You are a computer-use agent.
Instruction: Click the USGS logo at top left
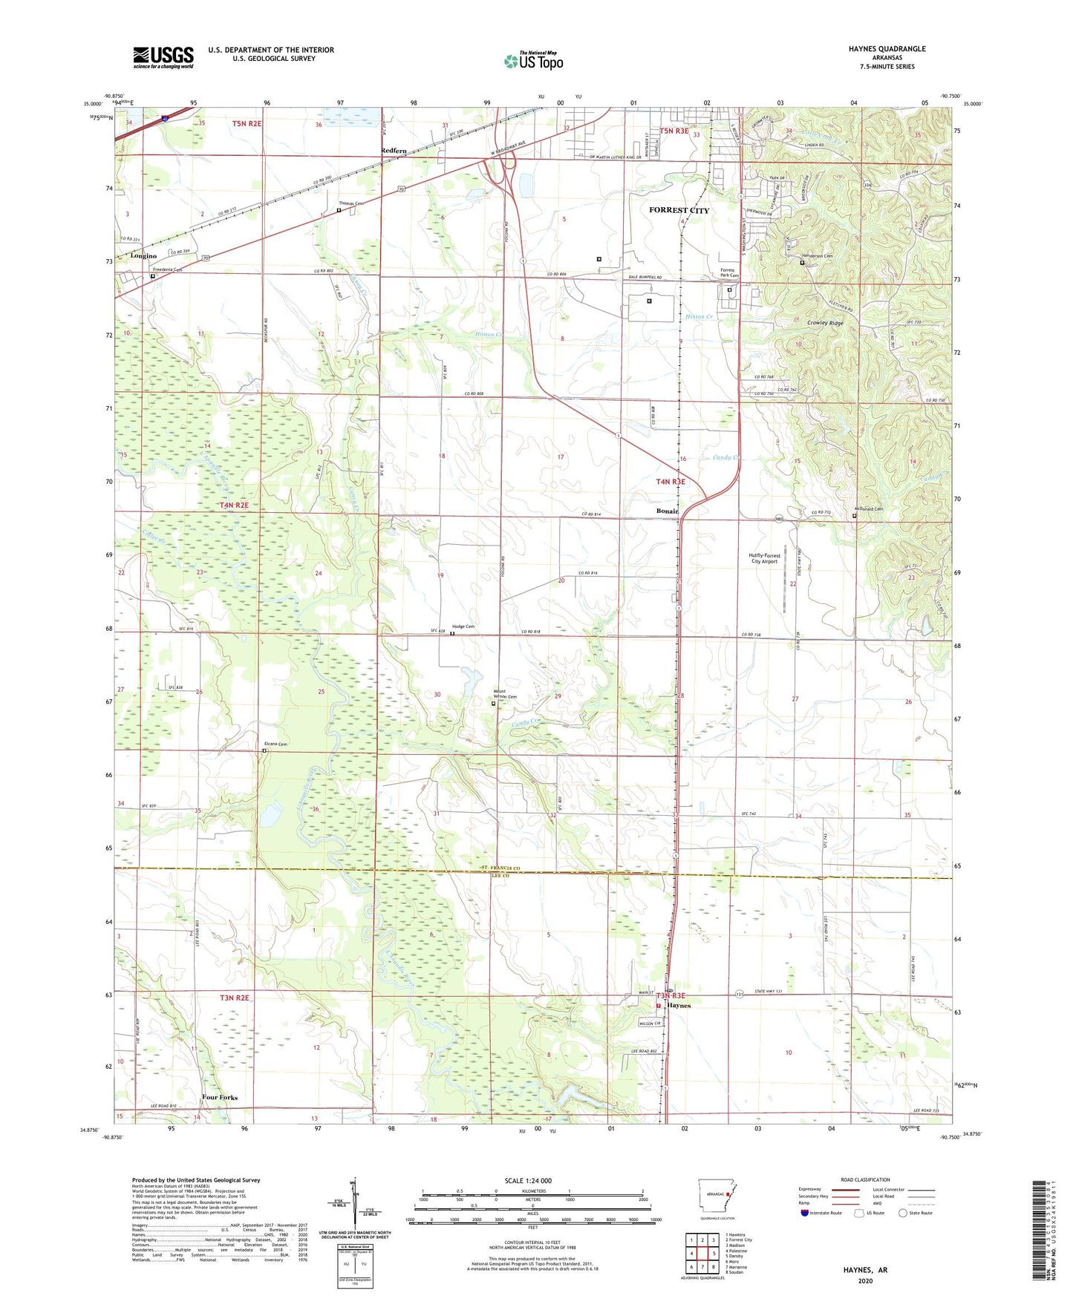coord(163,57)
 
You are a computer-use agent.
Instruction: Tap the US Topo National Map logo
coord(533,61)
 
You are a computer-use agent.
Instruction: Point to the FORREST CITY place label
coord(679,210)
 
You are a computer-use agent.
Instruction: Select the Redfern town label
coord(394,151)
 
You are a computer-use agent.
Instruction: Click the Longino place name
coord(143,256)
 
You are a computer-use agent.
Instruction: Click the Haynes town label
coord(679,1006)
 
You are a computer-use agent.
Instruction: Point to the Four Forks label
coord(220,1097)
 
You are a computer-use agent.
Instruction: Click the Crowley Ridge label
coord(825,324)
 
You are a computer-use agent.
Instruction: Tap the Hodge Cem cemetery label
coord(463,626)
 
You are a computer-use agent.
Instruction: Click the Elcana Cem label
coord(275,744)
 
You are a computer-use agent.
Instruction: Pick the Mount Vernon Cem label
coord(505,695)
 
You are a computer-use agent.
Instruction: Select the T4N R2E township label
coord(233,505)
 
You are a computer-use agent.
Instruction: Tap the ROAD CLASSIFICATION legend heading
coord(864,1179)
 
